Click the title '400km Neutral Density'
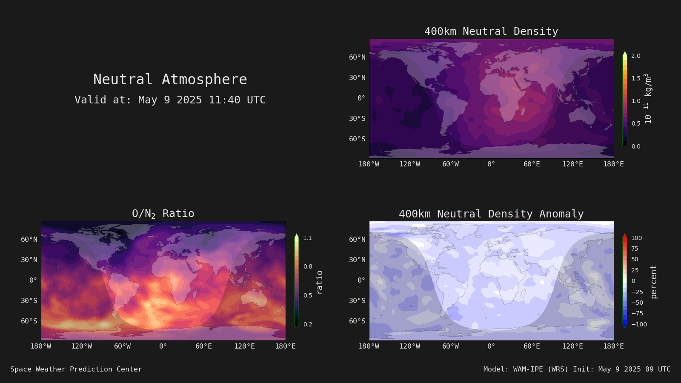pos(491,31)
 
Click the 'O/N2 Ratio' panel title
pos(163,214)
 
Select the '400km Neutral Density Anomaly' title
pos(491,214)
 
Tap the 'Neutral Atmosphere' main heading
pos(170,79)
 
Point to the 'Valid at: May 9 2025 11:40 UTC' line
pos(170,100)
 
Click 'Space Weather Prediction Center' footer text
pos(76,369)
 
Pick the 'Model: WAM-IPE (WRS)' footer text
pos(526,369)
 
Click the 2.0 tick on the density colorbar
pos(636,56)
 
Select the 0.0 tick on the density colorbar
pos(636,146)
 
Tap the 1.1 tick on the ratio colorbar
pos(307,238)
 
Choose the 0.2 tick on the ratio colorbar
pos(308,324)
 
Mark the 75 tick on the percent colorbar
pos(635,249)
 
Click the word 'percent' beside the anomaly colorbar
pos(654,282)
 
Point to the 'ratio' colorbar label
pos(319,282)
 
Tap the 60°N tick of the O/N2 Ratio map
pos(29,240)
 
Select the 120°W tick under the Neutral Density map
pos(410,164)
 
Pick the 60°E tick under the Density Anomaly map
pos(532,346)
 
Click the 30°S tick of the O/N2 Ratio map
pos(29,300)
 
